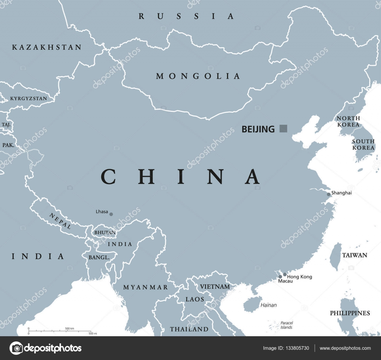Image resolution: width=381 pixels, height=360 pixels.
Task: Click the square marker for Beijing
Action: click(283, 129)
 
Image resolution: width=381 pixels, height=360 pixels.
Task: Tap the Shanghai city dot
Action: click(328, 194)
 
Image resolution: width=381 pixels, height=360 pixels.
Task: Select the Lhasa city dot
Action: click(111, 214)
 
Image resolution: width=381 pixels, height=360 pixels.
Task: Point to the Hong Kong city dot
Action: click(285, 274)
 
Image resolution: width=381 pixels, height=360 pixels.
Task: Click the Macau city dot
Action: click(280, 277)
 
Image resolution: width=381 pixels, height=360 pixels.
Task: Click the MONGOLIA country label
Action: click(198, 76)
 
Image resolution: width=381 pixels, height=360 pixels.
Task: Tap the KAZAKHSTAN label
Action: click(47, 47)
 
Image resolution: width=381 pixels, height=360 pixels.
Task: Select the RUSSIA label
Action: click(186, 16)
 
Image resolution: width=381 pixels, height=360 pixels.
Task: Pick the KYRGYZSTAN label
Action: click(28, 99)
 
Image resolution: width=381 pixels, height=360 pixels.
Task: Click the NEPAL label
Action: click(60, 220)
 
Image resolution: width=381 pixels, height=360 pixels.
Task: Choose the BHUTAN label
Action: click(105, 232)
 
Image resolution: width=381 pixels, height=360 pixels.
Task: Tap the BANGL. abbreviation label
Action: click(99, 257)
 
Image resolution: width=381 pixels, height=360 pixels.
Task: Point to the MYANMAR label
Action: click(145, 287)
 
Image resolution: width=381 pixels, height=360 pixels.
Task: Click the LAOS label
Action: click(195, 299)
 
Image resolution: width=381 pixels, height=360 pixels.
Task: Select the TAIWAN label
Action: click(355, 255)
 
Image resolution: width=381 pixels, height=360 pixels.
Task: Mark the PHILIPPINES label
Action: click(350, 313)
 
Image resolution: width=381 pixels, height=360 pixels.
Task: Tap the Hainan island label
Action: click(268, 305)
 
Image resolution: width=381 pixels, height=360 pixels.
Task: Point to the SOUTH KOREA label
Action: click(363, 144)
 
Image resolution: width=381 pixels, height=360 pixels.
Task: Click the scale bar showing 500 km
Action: click(60, 331)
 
